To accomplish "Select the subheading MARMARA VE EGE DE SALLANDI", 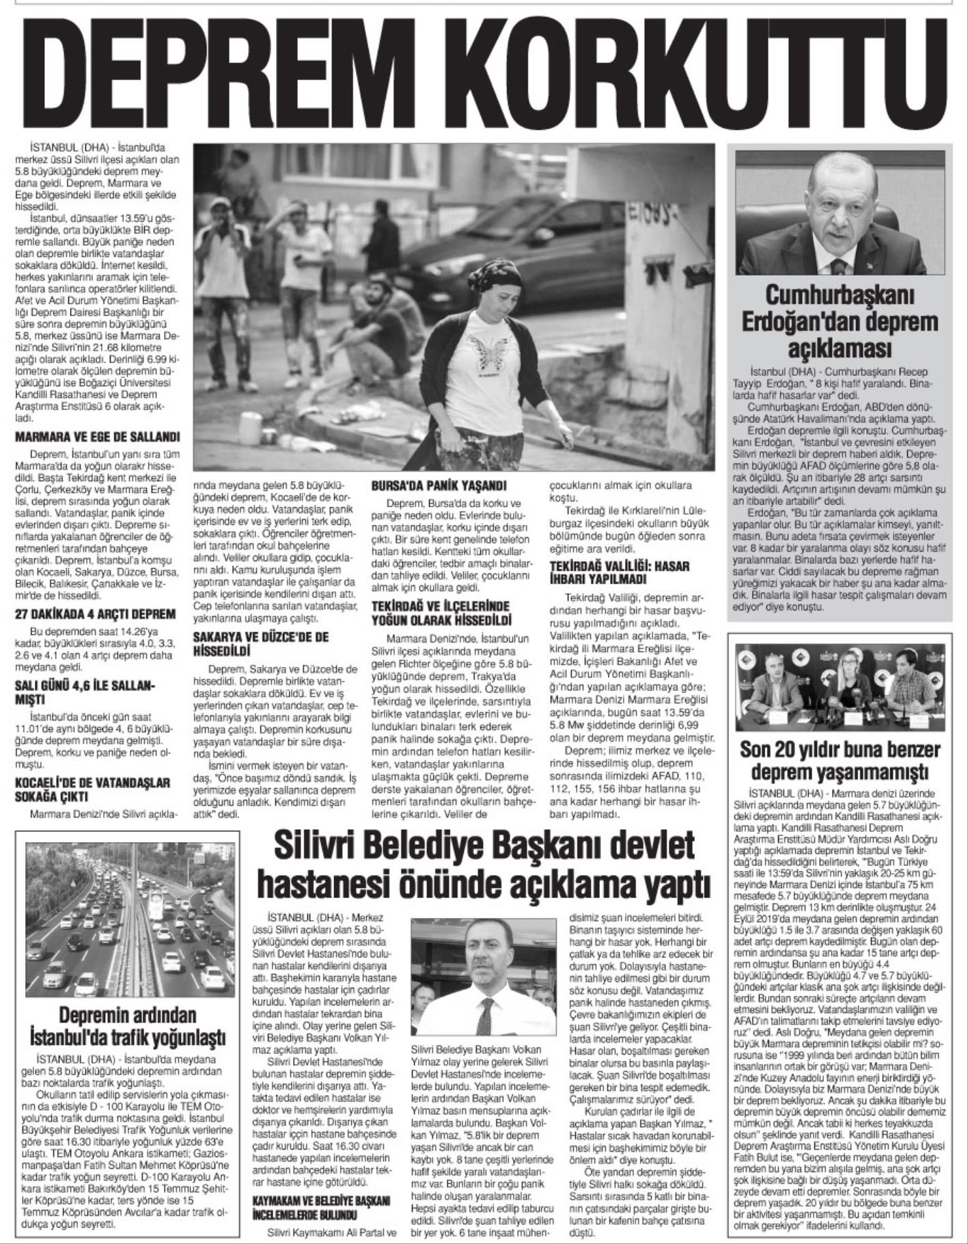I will coord(97,436).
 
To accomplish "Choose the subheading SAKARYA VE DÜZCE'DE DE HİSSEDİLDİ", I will coord(261,644).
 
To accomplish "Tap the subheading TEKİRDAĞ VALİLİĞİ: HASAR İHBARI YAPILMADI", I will coord(620,573).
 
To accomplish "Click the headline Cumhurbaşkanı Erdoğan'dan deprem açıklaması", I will coord(841,321).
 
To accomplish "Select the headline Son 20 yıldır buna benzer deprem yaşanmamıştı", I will coord(841,760).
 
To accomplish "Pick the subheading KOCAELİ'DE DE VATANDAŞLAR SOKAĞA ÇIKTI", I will coord(92,789).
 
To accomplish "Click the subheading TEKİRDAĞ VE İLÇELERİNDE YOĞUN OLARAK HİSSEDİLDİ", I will coord(441,614).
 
